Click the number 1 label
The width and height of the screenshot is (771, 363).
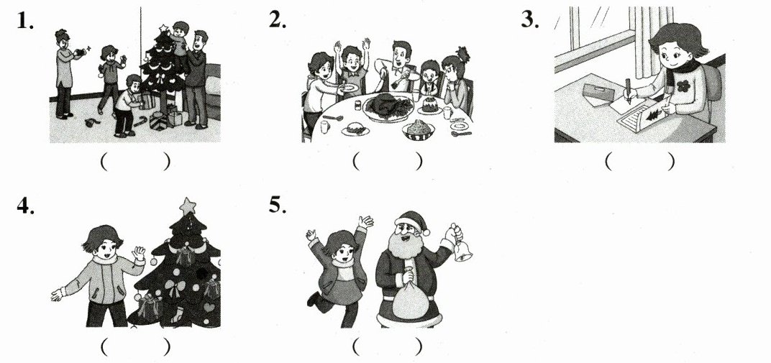[x=25, y=21]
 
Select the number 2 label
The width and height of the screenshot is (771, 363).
[x=278, y=19]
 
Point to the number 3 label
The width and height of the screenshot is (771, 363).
[x=530, y=20]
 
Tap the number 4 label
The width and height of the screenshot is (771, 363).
[x=26, y=206]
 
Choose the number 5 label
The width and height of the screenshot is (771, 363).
[x=278, y=205]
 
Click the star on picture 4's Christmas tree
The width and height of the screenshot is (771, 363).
[x=187, y=206]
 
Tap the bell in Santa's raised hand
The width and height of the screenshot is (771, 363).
[x=462, y=251]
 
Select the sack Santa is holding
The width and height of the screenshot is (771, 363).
[x=411, y=298]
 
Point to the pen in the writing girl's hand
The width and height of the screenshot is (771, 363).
[x=628, y=90]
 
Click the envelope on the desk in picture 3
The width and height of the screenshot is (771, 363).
[x=598, y=91]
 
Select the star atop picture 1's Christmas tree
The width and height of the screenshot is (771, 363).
[x=163, y=29]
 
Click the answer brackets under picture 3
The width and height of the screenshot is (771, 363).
[x=639, y=161]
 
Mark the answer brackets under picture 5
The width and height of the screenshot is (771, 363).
[x=387, y=346]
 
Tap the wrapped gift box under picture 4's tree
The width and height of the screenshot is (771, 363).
[x=150, y=308]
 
